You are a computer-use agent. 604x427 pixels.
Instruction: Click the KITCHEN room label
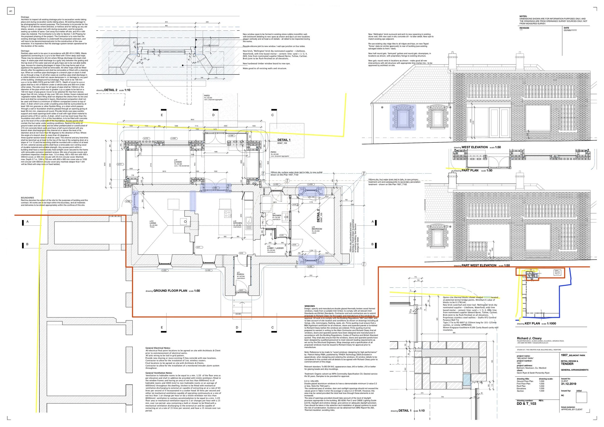click(237, 223)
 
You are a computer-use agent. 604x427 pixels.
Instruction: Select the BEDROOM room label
click(317, 229)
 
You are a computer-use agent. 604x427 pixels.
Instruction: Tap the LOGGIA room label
click(178, 162)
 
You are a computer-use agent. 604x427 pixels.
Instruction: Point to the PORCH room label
click(240, 274)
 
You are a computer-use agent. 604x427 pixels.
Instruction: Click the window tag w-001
click(165, 270)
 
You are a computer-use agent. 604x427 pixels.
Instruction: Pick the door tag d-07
click(198, 247)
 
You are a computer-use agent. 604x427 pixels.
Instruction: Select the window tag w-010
click(146, 138)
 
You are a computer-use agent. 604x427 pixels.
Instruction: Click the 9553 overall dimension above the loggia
click(193, 120)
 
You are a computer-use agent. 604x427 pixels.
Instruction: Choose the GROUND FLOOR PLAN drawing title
click(170, 291)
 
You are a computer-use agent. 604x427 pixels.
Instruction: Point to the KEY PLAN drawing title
click(532, 323)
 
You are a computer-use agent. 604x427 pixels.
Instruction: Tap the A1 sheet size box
click(11, 11)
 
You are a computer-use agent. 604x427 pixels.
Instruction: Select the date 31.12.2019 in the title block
click(568, 383)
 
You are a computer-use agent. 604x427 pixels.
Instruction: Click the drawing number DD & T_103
click(526, 403)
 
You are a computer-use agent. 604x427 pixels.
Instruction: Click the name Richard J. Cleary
click(529, 338)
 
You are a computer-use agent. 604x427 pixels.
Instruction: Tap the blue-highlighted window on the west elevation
click(403, 118)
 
